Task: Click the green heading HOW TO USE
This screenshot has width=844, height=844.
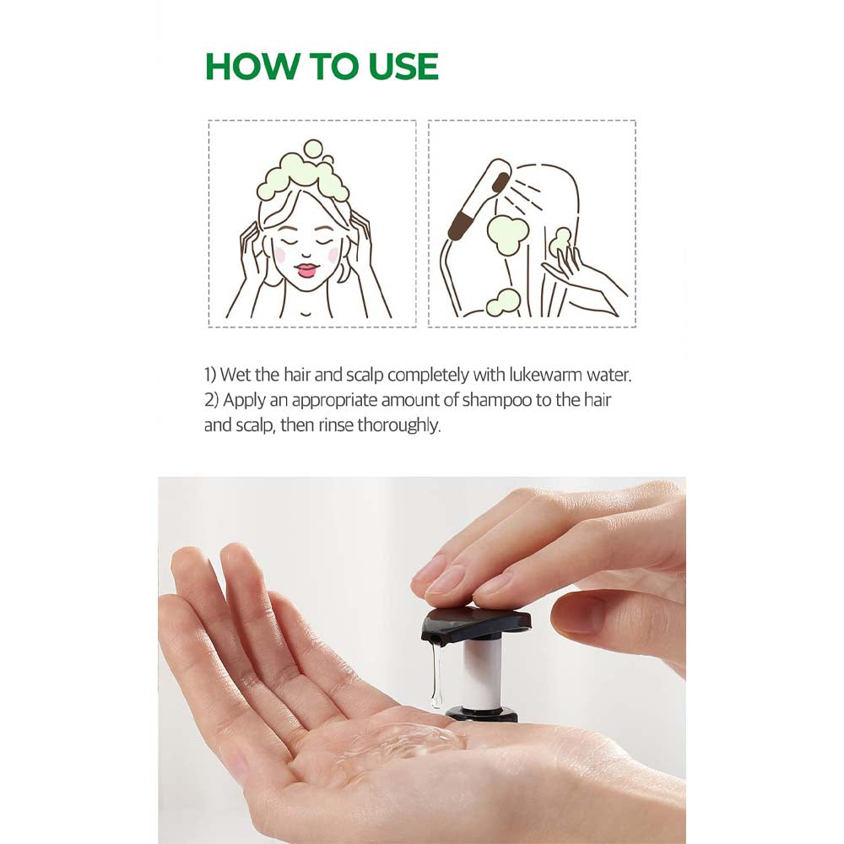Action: [322, 67]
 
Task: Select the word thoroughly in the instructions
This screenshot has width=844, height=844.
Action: [398, 425]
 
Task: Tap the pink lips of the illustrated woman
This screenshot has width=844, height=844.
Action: [306, 270]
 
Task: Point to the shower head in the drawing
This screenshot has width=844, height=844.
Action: [479, 201]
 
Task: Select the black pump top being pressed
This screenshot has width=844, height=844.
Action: [477, 621]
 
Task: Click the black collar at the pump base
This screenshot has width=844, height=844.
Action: [482, 714]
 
